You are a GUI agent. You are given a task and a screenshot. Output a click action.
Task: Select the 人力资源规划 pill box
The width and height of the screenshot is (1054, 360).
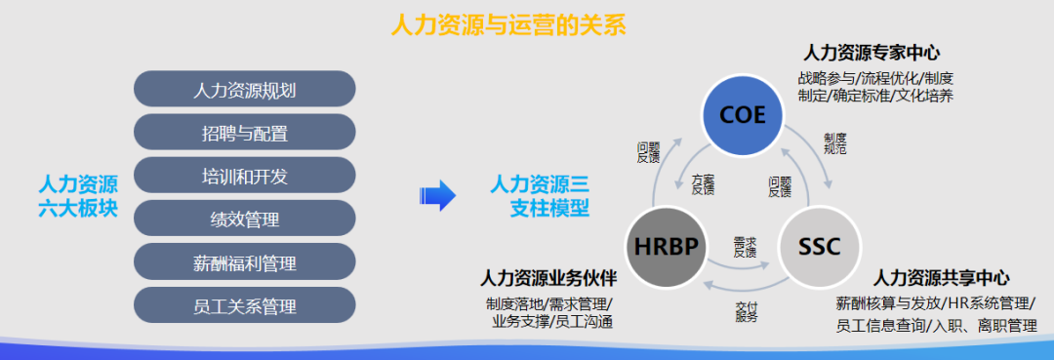point(244,90)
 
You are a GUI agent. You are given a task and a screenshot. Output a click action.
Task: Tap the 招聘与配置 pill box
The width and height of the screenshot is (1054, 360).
point(244,133)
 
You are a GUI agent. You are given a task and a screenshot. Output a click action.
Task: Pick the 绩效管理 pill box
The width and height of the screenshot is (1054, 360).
point(244,220)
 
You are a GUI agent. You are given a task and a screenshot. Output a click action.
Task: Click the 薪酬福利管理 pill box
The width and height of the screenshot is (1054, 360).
point(244,262)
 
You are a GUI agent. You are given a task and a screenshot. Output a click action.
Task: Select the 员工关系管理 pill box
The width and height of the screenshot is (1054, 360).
point(244,305)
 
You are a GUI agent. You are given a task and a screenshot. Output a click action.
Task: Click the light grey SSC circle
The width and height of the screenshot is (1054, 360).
point(820,246)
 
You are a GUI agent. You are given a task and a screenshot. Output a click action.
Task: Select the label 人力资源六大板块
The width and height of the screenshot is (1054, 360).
point(78,195)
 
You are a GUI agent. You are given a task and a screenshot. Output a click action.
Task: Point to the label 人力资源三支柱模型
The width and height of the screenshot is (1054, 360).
point(539,195)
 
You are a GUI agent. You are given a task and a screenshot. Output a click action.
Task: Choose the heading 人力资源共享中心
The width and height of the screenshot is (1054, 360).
point(941,277)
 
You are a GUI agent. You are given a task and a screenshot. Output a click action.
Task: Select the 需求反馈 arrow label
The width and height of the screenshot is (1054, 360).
point(745,246)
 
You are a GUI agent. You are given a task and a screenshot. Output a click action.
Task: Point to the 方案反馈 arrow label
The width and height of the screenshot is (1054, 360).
point(703,185)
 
